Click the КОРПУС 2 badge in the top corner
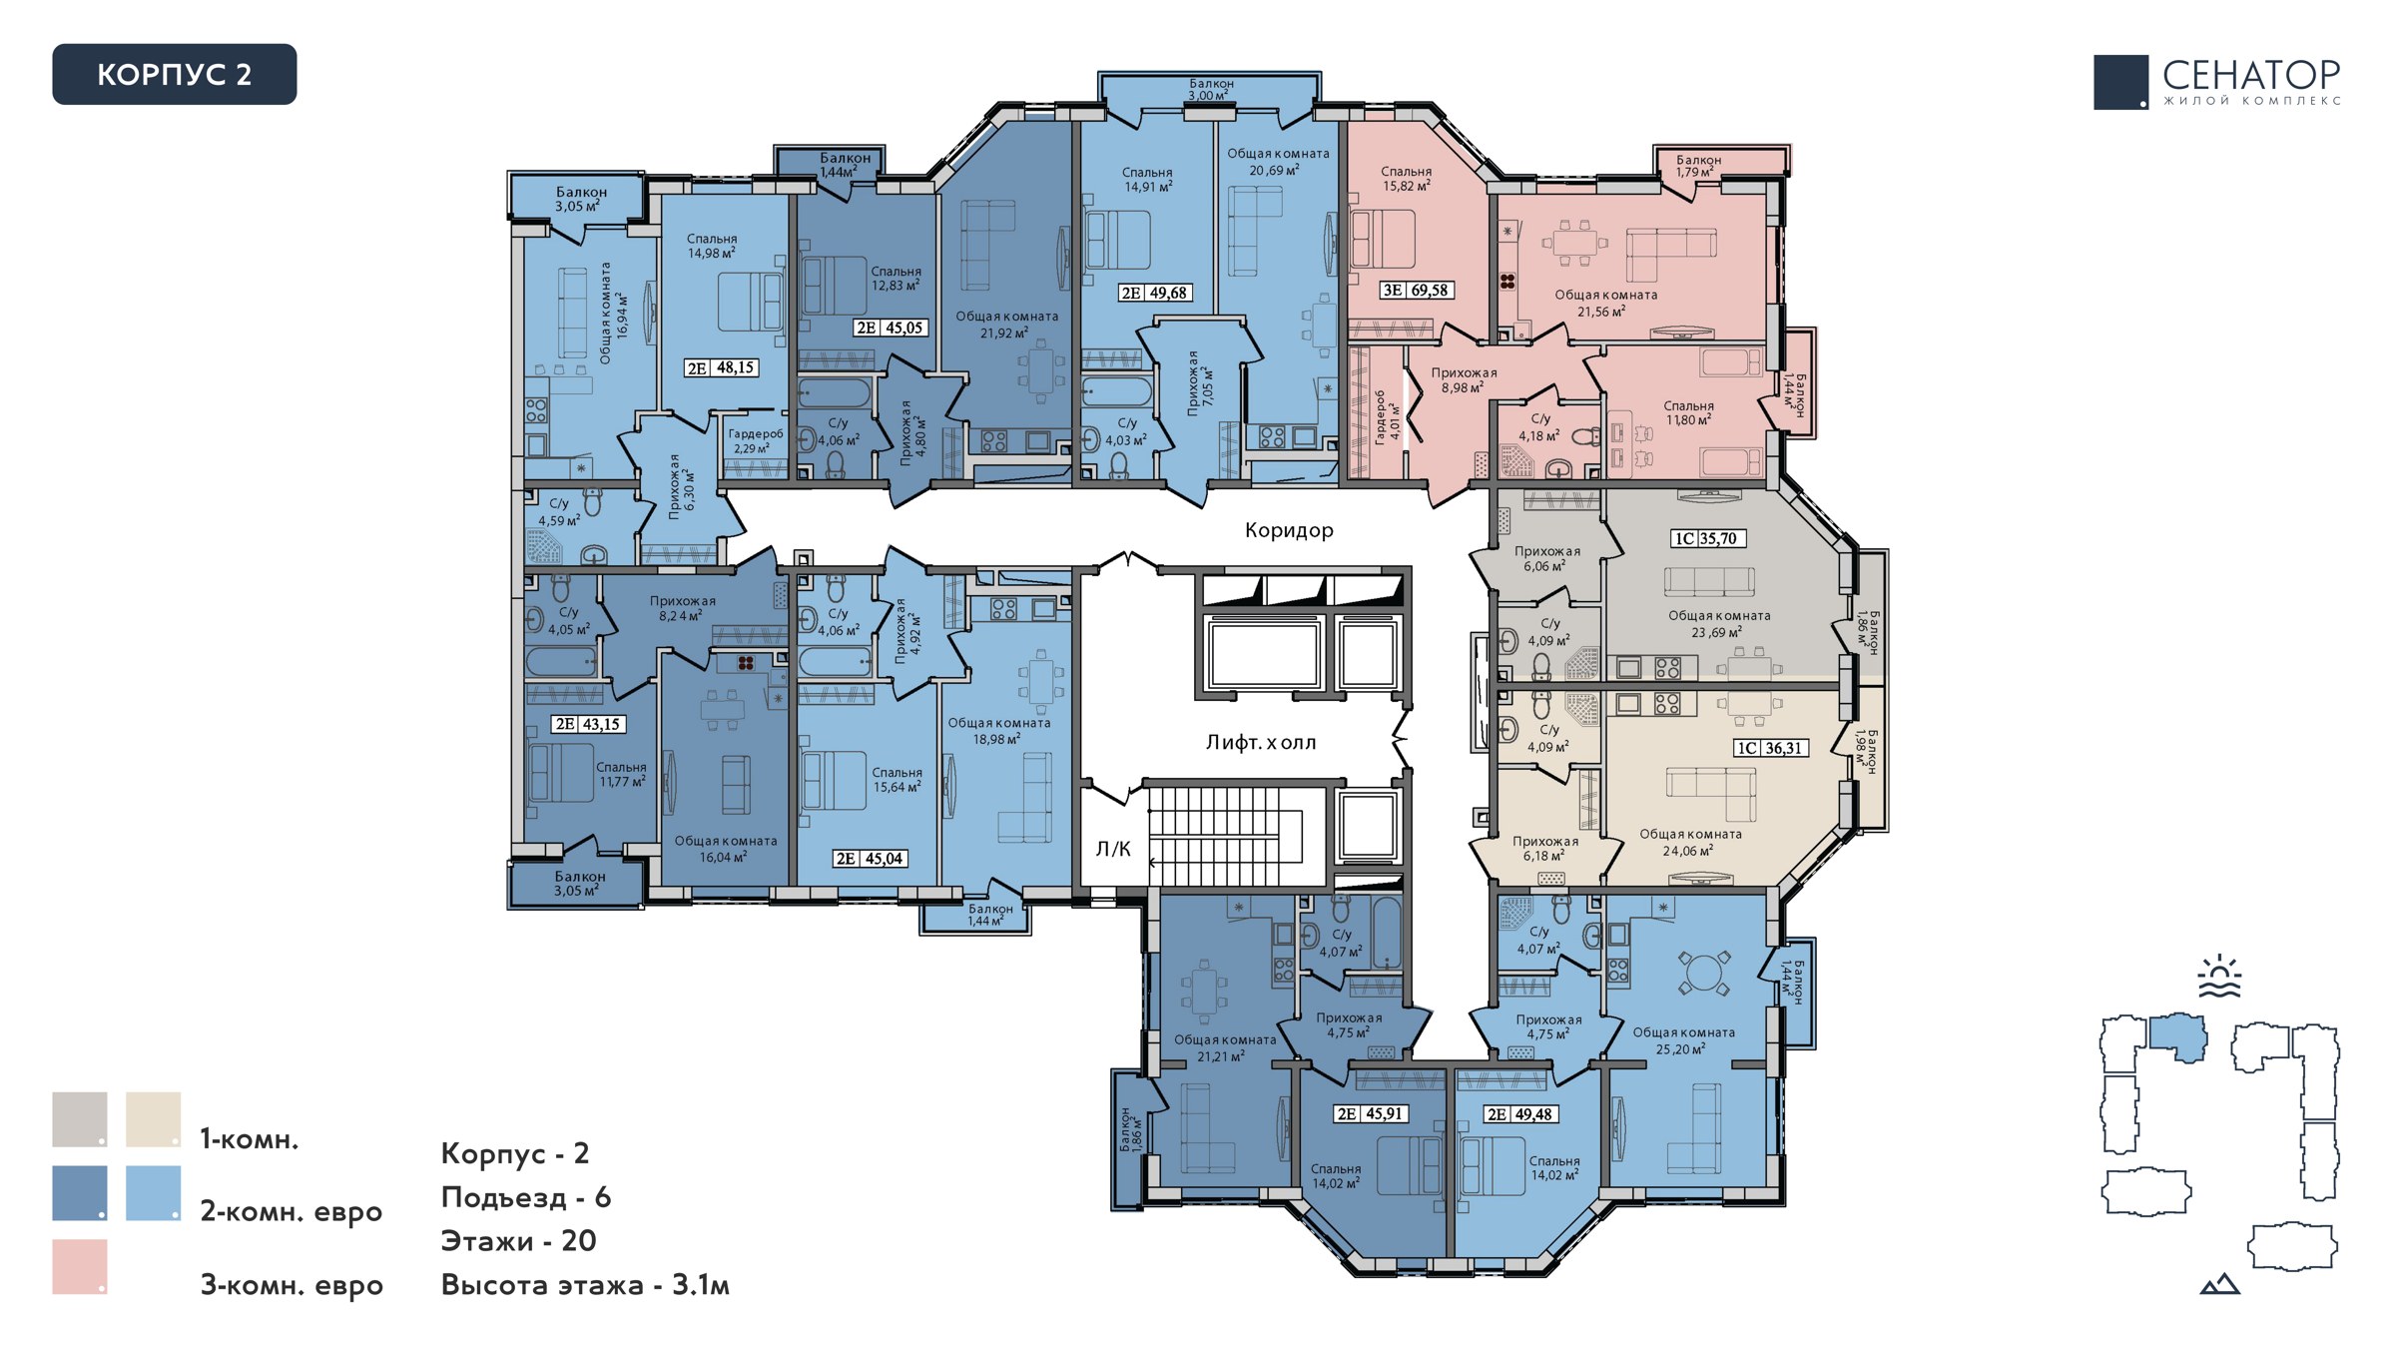tap(175, 74)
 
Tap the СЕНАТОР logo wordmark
tap(2251, 75)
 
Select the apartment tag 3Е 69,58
tap(1417, 290)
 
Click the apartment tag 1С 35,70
tap(1707, 538)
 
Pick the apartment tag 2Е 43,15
tap(589, 724)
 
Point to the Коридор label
tap(1289, 530)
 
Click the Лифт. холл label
tap(1261, 742)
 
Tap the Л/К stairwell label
tap(1113, 849)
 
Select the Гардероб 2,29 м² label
tap(756, 441)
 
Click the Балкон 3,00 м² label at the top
tap(1211, 90)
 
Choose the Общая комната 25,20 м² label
tap(1683, 1040)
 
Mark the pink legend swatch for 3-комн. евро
tap(80, 1267)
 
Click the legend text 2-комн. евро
tap(292, 1211)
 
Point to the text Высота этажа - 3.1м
tap(585, 1284)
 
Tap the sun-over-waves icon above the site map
tap(2219, 977)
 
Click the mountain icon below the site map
tap(2219, 1284)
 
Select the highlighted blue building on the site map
tap(2177, 1037)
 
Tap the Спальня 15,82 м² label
tap(1406, 179)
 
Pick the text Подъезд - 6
tap(526, 1197)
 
